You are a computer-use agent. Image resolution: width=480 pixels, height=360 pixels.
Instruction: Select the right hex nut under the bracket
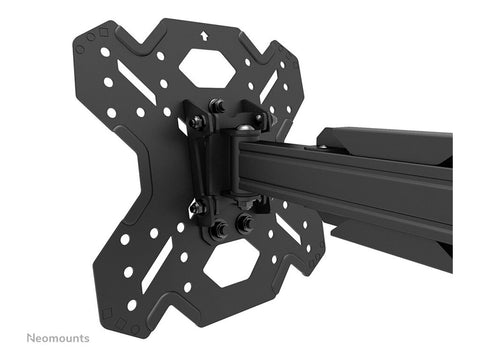point(243,224)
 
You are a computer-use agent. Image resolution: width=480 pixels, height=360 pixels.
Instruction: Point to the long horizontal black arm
point(350,185)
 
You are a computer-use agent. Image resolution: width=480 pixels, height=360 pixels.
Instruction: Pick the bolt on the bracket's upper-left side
point(197,121)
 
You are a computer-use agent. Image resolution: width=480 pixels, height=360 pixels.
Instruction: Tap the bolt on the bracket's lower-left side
point(198,208)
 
